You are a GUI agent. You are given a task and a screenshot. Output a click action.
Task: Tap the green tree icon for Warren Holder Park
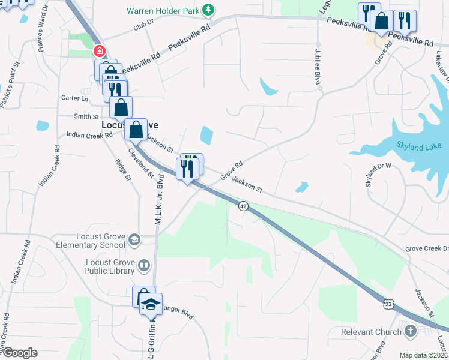pyautogui.click(x=208, y=10)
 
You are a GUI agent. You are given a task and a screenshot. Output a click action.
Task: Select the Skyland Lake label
pyautogui.click(x=418, y=146)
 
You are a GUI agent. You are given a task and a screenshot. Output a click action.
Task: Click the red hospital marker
pyautogui.click(x=100, y=52)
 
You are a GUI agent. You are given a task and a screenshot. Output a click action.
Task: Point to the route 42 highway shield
pyautogui.click(x=243, y=205)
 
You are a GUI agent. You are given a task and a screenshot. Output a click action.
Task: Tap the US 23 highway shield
pyautogui.click(x=388, y=305)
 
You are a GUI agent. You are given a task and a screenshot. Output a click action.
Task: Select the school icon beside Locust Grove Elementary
pyautogui.click(x=134, y=240)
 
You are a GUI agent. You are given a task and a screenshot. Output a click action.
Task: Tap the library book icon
pyautogui.click(x=144, y=265)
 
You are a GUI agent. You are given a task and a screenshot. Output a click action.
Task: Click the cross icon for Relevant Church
pyautogui.click(x=410, y=331)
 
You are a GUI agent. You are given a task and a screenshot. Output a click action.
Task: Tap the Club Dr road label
pyautogui.click(x=145, y=27)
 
